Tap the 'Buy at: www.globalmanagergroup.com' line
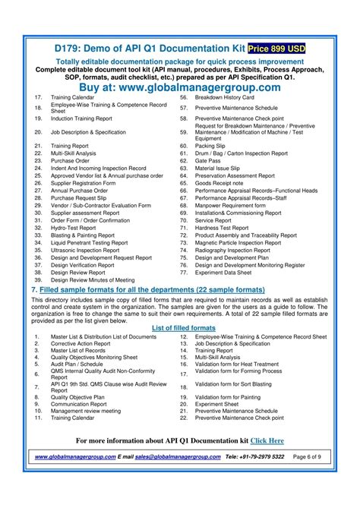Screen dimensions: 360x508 [x=179, y=87]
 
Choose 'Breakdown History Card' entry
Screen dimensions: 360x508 [x=226, y=98]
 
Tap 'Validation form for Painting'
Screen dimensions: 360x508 [x=232, y=396]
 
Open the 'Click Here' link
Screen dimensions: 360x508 [x=267, y=440]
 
